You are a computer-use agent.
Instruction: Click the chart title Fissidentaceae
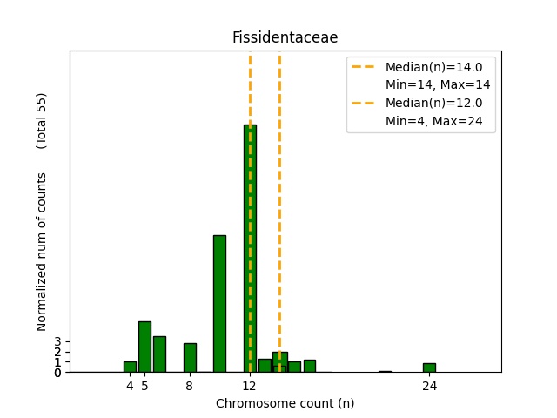click(x=285, y=37)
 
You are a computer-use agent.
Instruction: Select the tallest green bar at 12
click(x=250, y=248)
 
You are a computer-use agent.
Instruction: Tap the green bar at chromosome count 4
click(x=130, y=367)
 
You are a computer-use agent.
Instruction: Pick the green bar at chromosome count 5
click(x=144, y=347)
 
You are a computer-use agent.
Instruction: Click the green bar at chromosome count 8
click(x=190, y=357)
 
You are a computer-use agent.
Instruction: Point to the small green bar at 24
click(x=429, y=367)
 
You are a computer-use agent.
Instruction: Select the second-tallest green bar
click(x=219, y=303)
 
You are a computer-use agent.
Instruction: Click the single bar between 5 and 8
click(x=159, y=354)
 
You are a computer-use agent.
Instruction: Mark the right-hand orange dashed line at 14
click(x=279, y=209)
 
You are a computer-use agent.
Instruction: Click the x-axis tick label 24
click(x=429, y=386)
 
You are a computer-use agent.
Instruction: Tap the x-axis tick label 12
click(x=250, y=386)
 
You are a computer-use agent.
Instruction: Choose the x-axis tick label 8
click(x=190, y=386)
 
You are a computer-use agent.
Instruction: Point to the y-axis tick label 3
click(x=57, y=342)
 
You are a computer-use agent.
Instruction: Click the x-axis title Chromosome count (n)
click(x=285, y=403)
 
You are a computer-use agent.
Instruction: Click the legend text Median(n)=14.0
click(x=433, y=66)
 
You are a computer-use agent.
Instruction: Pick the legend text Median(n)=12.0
click(x=433, y=103)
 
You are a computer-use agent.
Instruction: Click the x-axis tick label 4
click(x=130, y=386)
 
